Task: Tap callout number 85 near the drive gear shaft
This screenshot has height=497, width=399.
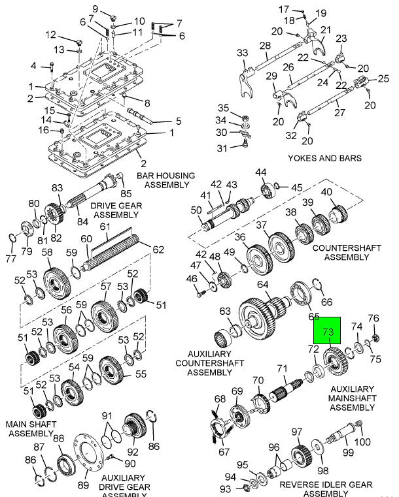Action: (126, 193)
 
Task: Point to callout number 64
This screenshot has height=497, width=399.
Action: (263, 285)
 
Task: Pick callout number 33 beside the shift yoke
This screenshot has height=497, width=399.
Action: (243, 53)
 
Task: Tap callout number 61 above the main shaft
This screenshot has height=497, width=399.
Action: (104, 226)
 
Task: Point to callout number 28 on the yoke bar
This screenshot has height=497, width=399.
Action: (264, 45)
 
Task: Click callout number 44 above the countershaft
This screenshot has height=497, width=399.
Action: (261, 172)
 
